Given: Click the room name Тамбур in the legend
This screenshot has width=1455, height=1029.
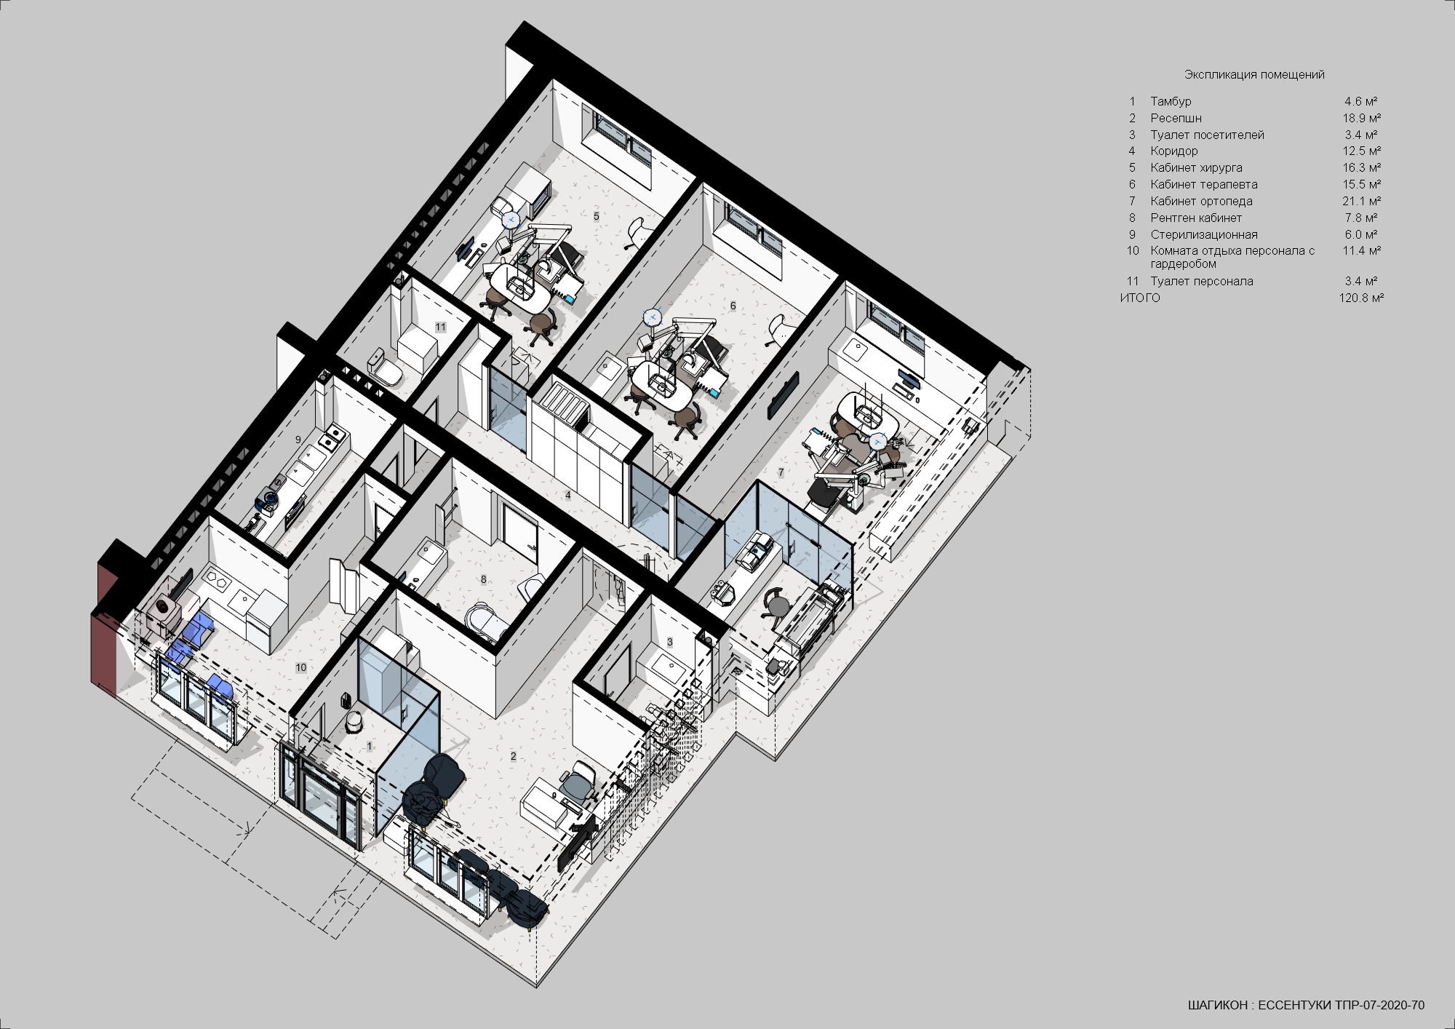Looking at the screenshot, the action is tap(1171, 101).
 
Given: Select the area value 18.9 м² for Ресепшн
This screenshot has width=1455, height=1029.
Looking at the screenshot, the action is tap(1361, 118).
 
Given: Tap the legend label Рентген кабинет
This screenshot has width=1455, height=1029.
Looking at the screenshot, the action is tap(1196, 218).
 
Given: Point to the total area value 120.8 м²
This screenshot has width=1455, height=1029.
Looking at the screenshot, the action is tap(1361, 298).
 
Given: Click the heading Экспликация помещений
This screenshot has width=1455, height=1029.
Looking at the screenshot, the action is tap(1254, 74).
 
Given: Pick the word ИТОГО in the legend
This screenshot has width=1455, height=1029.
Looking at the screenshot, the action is tap(1140, 298).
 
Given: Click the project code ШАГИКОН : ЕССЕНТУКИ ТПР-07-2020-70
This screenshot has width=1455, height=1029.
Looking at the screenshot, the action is tap(1306, 1006).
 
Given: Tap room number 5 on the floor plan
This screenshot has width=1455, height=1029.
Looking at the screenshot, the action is tap(597, 216).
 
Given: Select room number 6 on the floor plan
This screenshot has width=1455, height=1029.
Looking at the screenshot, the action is tap(733, 306).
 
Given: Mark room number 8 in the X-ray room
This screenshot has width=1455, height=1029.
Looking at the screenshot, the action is tap(483, 579).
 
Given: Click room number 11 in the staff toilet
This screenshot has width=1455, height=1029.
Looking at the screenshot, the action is tap(440, 327).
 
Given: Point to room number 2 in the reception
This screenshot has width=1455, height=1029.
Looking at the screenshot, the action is tap(513, 756).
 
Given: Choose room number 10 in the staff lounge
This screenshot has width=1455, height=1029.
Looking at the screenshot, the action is tap(300, 667).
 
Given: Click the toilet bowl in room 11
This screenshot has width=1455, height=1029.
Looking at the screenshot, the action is tap(386, 369).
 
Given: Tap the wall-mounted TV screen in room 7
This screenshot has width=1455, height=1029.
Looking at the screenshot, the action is tap(783, 395).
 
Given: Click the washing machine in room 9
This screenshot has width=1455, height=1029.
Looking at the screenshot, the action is tap(270, 498).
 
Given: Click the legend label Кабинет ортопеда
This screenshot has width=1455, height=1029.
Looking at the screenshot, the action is tap(1201, 201).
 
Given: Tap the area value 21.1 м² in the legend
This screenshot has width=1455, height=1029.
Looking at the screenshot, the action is tap(1361, 201).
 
